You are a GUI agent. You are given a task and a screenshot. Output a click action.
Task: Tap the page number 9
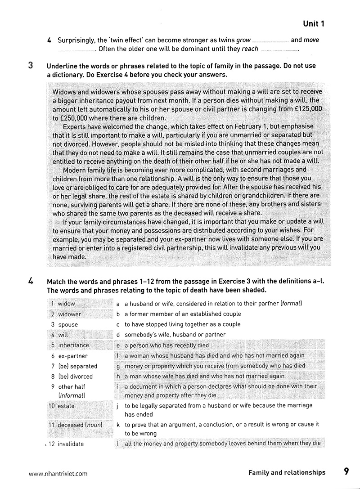(x=346, y=471)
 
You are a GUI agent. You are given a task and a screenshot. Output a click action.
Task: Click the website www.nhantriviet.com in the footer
(x=58, y=473)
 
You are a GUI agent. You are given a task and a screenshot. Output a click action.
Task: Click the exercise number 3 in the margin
(x=30, y=66)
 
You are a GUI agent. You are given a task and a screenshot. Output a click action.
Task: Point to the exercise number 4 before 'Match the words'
(x=30, y=282)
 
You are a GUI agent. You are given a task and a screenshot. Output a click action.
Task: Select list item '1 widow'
(x=63, y=304)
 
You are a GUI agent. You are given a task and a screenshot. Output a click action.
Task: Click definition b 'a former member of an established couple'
(x=182, y=314)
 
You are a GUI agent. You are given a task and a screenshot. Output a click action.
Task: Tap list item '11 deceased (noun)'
(x=74, y=425)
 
